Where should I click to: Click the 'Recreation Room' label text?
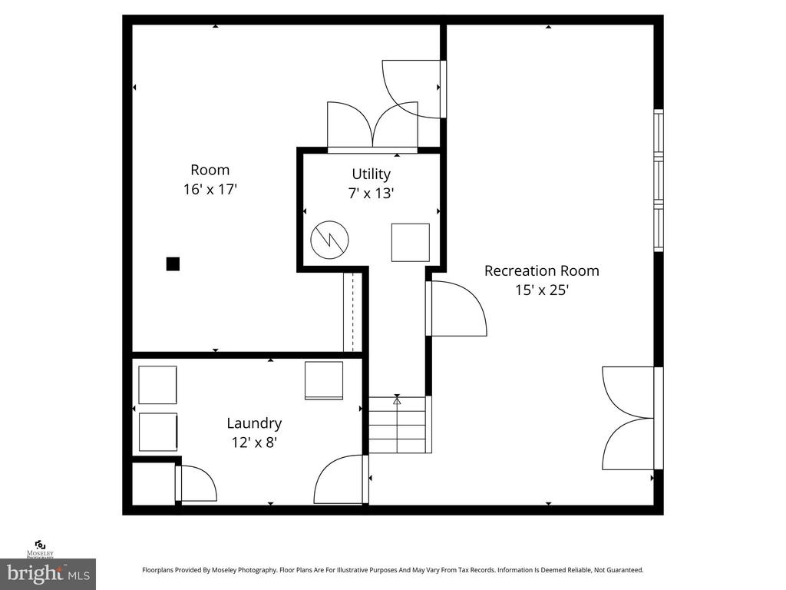click(x=541, y=270)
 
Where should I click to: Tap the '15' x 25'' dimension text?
click(x=541, y=290)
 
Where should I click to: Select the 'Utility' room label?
click(x=371, y=174)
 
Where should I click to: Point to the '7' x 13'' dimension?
click(x=371, y=194)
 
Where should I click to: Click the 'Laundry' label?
click(x=254, y=423)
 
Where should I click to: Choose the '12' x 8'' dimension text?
click(x=254, y=442)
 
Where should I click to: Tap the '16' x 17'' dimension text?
click(x=210, y=190)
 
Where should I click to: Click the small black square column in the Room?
click(x=173, y=264)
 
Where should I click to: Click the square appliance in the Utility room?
click(x=411, y=243)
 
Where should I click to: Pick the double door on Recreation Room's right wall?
click(x=629, y=418)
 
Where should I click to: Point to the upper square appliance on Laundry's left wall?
click(x=157, y=385)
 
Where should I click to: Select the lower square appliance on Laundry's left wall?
click(x=158, y=433)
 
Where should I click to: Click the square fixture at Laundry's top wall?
click(x=323, y=380)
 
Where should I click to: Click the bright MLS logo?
click(x=48, y=573)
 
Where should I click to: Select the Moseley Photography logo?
click(x=39, y=549)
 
